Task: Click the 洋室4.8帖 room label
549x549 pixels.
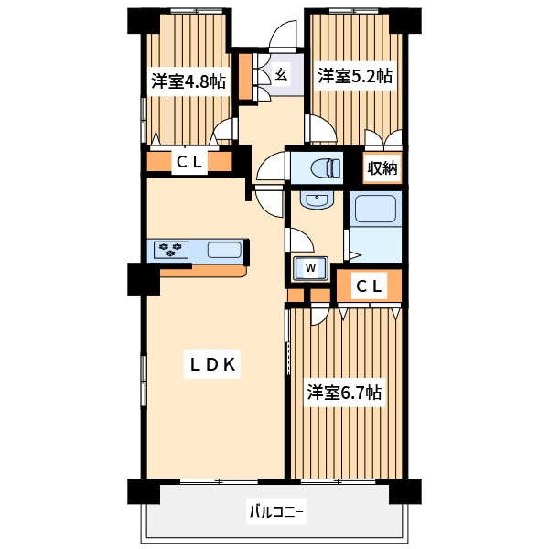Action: [188, 81]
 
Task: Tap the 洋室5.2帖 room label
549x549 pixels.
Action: [355, 76]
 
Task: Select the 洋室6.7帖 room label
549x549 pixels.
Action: [345, 393]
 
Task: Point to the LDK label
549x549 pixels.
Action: [212, 365]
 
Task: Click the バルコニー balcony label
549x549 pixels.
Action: [276, 512]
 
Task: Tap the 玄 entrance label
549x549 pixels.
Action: [281, 75]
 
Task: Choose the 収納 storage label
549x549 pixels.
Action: [382, 168]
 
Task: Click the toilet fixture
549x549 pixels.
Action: [325, 167]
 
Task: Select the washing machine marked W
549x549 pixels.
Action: [310, 268]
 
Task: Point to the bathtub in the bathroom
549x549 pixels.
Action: [375, 209]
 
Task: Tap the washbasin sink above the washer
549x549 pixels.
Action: [317, 200]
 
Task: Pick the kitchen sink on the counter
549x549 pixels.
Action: [224, 250]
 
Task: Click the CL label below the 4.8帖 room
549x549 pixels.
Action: [189, 162]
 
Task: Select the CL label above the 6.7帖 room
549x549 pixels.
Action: [369, 287]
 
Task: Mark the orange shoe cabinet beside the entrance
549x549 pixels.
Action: [245, 76]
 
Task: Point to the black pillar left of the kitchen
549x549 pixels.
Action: [144, 279]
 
